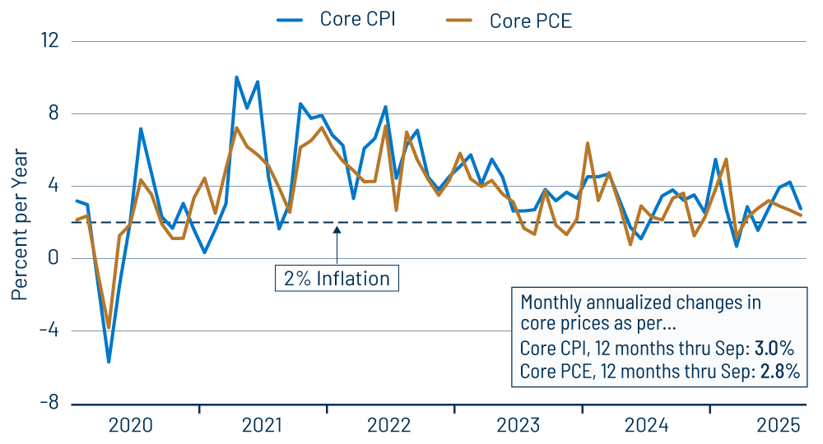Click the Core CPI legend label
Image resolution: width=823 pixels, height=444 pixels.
(357, 19)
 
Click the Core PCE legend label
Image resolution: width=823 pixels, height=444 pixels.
(530, 21)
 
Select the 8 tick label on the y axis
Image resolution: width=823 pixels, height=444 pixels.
(53, 113)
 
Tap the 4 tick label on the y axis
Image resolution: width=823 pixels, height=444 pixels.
(53, 186)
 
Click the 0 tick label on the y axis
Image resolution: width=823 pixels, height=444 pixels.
(53, 258)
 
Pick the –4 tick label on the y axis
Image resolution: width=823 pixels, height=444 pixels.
(49, 331)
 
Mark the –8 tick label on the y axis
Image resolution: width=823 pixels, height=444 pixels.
(49, 403)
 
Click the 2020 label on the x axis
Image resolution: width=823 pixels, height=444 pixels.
(131, 425)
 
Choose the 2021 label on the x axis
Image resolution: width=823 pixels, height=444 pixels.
(261, 425)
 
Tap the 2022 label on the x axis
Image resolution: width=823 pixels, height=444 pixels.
(389, 425)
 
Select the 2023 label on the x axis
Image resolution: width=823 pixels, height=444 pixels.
(518, 425)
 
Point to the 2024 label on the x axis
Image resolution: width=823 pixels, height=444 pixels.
(647, 425)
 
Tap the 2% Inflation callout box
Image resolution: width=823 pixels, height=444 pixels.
(337, 278)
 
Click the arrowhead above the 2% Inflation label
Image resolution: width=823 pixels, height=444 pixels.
(337, 230)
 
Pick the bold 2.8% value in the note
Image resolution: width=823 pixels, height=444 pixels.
(778, 371)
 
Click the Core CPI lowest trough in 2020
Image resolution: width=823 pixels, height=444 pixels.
(109, 361)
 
